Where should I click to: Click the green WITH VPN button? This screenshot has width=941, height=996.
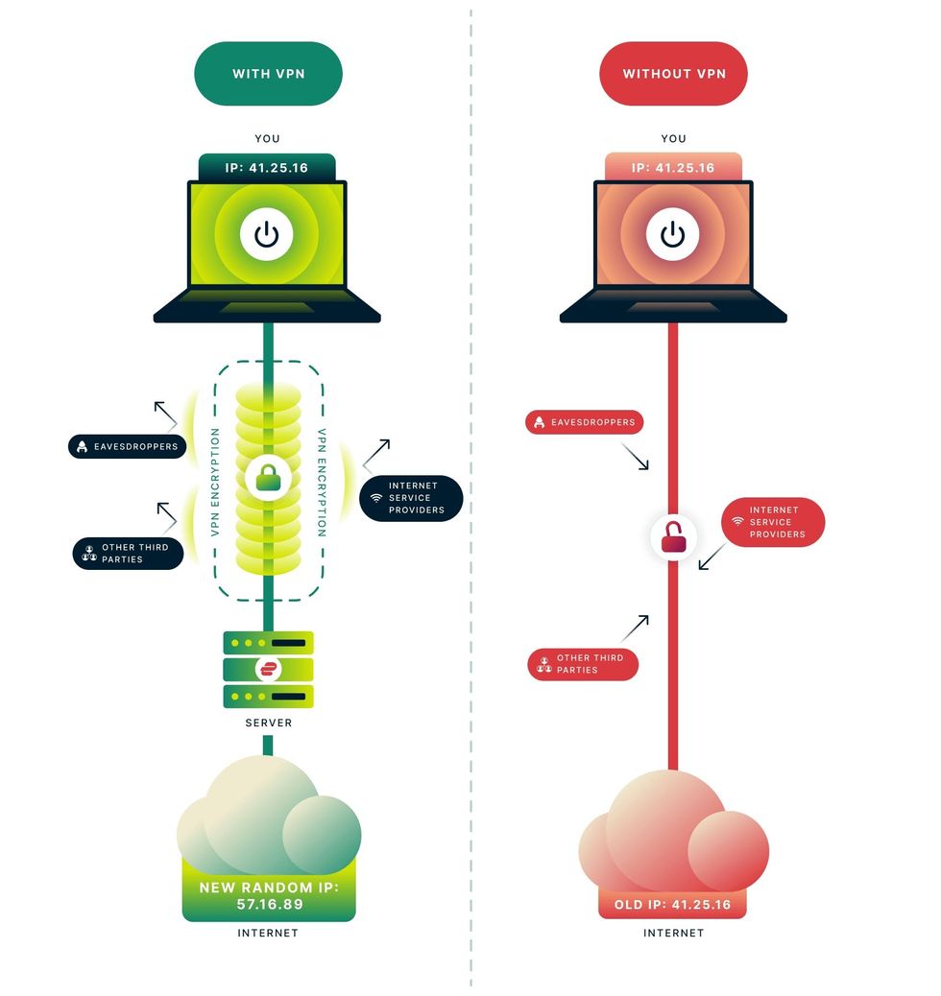point(268,73)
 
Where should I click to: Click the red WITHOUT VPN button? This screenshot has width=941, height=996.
point(673,73)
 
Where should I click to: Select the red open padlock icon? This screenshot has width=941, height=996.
point(674,539)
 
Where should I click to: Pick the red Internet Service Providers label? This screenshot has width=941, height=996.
point(772,522)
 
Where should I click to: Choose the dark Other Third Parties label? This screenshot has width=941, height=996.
point(129,553)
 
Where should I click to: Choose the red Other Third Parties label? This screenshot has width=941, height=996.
point(583,664)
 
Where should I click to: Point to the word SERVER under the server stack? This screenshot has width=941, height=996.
point(268,722)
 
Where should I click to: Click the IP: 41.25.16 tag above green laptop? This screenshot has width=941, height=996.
point(267,167)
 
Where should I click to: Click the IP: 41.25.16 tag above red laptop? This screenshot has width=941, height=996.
point(673,167)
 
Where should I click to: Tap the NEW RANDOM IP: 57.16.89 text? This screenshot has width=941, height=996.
point(268,895)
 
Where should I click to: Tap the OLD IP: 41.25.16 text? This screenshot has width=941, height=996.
point(673,904)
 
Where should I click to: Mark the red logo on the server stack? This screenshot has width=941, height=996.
point(268,669)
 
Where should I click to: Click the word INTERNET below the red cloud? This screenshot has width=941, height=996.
point(673,933)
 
